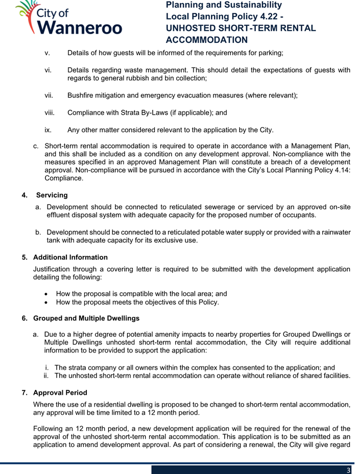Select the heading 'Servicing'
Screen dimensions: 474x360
52,195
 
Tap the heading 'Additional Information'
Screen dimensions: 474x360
70,257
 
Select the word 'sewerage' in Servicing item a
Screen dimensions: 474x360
222,207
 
